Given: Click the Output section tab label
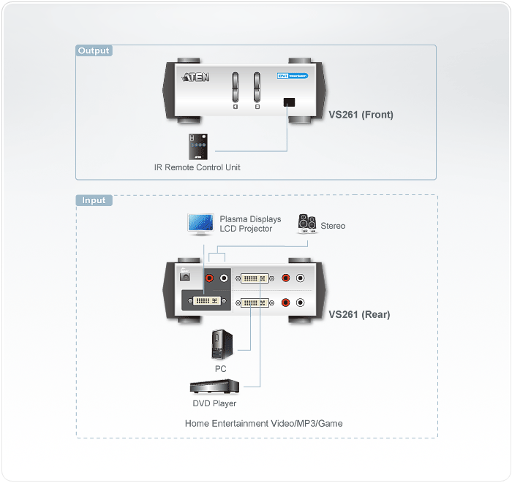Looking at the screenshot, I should click(x=94, y=51).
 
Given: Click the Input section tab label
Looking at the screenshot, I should click(x=94, y=200).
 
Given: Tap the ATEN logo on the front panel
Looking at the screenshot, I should click(x=196, y=77).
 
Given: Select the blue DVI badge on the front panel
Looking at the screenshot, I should click(x=292, y=76).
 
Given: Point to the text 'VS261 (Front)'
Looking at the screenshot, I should click(x=361, y=115).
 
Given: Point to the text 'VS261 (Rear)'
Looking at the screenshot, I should click(x=359, y=315).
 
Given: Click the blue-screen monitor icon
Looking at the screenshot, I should click(x=200, y=224).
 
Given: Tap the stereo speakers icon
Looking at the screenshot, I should click(x=306, y=224).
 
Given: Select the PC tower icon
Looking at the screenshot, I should click(x=220, y=344).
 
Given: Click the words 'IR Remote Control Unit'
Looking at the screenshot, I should click(x=197, y=167).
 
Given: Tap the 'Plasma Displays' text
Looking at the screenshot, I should click(x=250, y=219).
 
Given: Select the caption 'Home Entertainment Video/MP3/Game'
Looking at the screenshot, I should click(x=263, y=423).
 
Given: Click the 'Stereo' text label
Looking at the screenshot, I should click(x=333, y=226).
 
